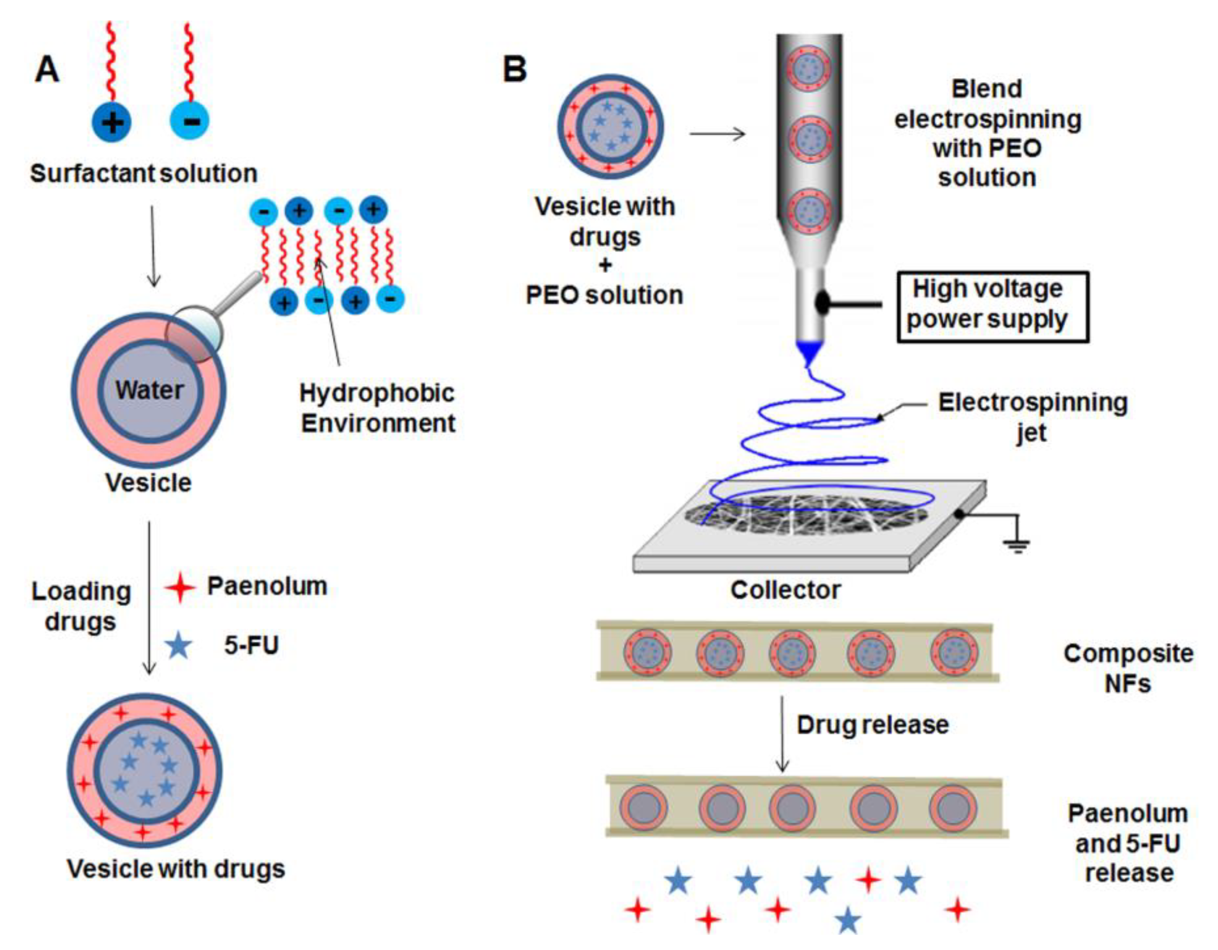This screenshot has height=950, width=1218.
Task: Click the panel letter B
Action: coord(514,70)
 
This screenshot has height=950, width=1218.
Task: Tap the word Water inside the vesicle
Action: coord(149,390)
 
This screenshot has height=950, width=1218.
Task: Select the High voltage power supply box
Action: coord(992,307)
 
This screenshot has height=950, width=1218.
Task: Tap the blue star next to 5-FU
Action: coord(179,645)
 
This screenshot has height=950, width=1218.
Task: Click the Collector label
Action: coord(785,590)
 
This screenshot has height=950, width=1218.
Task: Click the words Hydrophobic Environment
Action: coord(378,408)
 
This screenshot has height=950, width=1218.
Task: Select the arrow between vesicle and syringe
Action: coord(717,134)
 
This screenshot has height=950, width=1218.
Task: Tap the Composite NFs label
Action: coord(1128,668)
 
